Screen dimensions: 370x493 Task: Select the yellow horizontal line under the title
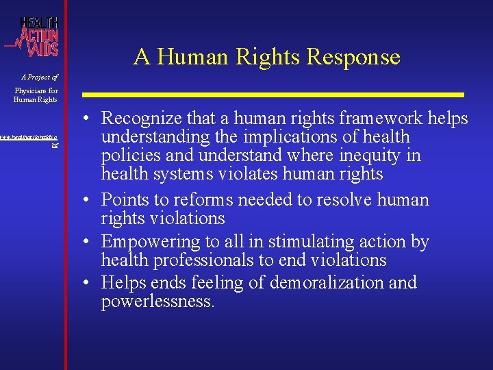tap(274, 94)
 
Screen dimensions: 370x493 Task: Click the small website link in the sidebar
tap(32, 140)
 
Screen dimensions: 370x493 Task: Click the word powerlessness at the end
tap(157, 301)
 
